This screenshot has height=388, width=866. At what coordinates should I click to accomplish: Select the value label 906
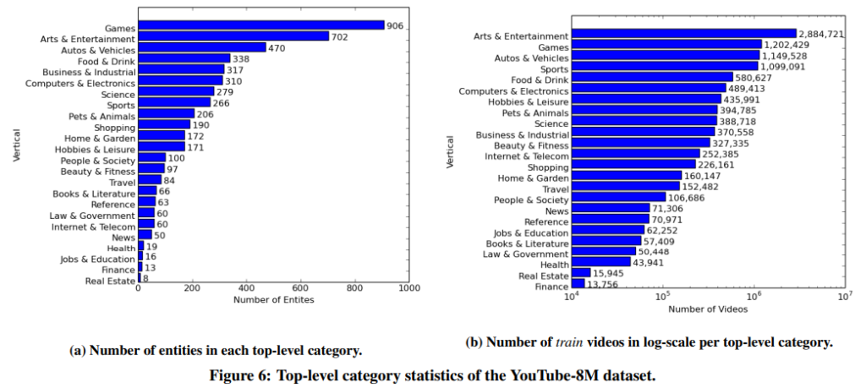coord(395,25)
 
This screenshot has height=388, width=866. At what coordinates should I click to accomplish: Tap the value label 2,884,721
coord(825,35)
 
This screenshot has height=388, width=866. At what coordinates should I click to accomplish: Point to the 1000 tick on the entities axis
coord(409,288)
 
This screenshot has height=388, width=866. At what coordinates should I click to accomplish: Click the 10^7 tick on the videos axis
coord(843,295)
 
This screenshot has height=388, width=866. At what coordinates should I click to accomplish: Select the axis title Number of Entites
coord(273,300)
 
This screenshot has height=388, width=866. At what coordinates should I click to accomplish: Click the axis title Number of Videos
coord(708,309)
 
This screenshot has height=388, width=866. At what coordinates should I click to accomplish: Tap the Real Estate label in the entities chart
coord(110,281)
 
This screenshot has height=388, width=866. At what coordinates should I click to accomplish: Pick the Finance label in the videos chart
coord(551,287)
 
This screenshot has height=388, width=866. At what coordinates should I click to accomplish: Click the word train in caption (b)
coord(567,343)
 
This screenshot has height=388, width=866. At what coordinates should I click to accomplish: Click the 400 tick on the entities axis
coord(246,288)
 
